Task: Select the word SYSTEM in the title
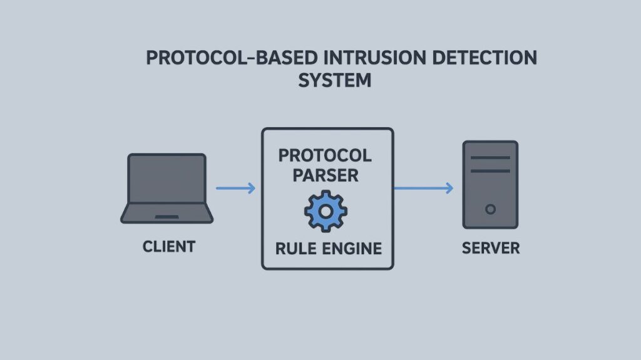tap(335, 81)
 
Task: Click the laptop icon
tap(167, 188)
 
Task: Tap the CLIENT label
tap(169, 247)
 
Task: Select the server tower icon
tap(490, 184)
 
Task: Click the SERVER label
tap(491, 248)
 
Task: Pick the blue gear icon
tap(326, 212)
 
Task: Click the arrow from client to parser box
tap(235, 188)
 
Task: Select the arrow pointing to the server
tap(423, 188)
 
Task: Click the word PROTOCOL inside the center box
tap(325, 155)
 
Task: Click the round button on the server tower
tap(490, 209)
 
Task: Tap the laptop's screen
tap(167, 180)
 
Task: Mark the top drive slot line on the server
tap(490, 157)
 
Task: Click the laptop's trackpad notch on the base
tap(167, 217)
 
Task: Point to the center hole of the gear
tap(326, 212)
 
